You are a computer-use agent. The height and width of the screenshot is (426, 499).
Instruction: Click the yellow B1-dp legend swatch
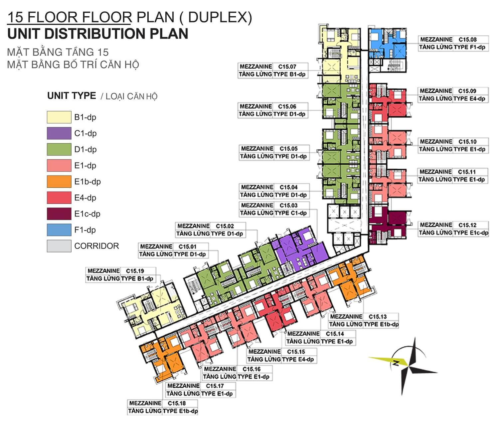[x=59, y=117]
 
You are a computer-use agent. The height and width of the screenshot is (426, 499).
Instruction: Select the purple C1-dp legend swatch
[x=59, y=133]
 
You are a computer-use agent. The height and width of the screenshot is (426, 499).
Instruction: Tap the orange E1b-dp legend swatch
[x=59, y=182]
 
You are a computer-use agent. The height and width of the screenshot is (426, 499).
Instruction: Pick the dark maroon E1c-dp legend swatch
[x=59, y=214]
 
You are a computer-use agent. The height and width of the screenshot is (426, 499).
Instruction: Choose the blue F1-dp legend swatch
[x=59, y=230]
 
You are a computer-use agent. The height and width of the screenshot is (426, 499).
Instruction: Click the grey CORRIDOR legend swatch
[x=59, y=246]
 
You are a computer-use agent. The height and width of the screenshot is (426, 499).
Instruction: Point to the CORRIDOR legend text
[x=96, y=246]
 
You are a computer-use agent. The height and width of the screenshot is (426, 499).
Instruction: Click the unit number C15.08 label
[x=468, y=39]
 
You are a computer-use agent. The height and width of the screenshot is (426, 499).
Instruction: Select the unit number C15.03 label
[x=288, y=205]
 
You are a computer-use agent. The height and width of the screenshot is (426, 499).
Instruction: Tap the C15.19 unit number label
[x=135, y=271]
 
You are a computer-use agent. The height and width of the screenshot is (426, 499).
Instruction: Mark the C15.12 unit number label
[x=467, y=225]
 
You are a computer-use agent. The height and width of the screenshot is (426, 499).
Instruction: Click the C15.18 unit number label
[x=177, y=403]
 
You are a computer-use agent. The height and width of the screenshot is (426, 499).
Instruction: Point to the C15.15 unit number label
[x=296, y=351]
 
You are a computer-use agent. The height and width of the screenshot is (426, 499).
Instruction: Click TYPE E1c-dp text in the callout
[x=471, y=233]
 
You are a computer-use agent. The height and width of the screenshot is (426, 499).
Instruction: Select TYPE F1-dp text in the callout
[x=469, y=47]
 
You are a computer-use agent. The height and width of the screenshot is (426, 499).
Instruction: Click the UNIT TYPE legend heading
[x=72, y=96]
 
